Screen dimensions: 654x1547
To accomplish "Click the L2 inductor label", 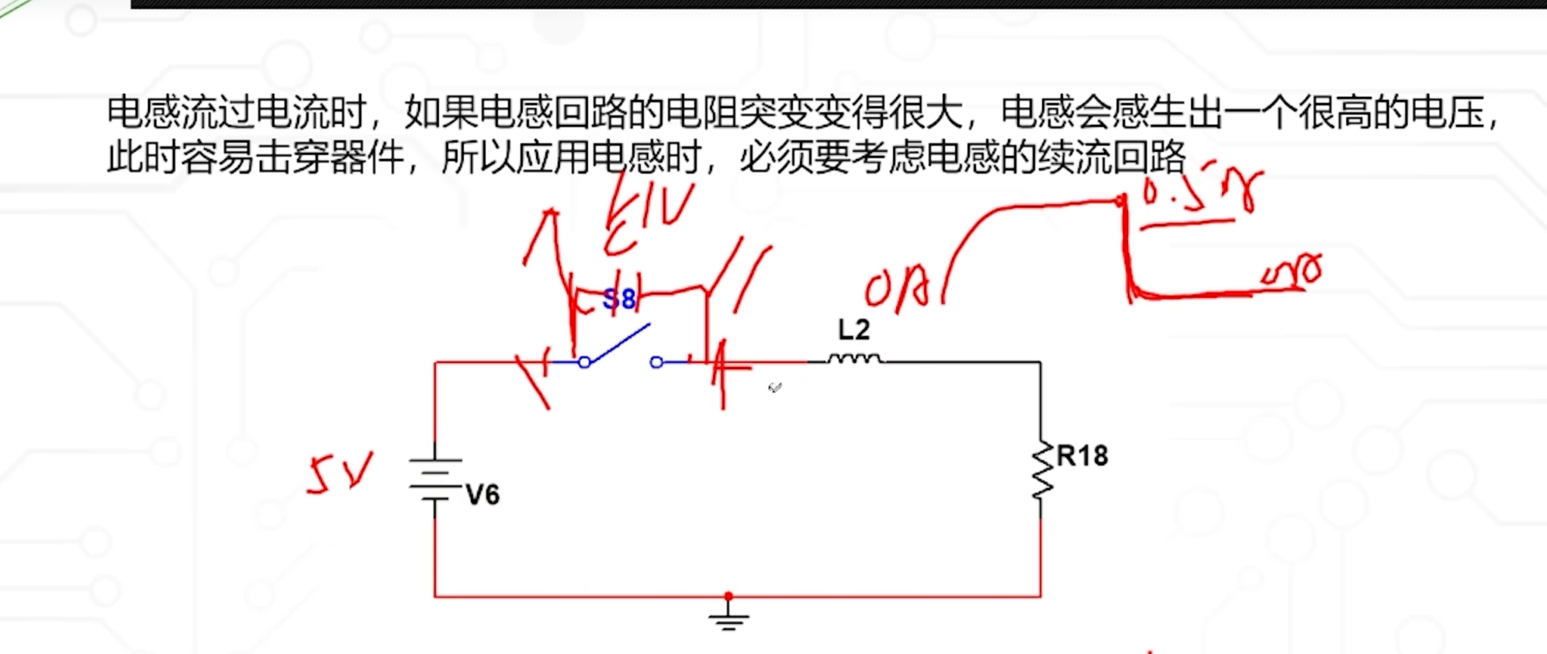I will point(853,330).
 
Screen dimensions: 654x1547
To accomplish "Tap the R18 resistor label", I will point(1082,455).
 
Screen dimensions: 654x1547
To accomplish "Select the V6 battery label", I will point(483,494).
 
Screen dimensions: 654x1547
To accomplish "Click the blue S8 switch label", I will point(619,299).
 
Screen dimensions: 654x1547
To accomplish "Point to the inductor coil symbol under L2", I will point(853,358).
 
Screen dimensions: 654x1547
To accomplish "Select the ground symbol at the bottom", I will point(728,618).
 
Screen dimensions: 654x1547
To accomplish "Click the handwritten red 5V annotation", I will point(339,473).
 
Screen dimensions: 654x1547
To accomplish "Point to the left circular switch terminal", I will point(585,362).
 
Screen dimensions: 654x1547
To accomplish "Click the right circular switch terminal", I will point(656,362).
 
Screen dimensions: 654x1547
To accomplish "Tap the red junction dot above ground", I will point(728,597).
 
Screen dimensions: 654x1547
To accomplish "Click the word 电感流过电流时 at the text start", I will point(237,112).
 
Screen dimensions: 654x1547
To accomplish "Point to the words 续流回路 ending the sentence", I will point(1111,157).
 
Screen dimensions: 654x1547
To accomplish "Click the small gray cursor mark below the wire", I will point(775,387).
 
